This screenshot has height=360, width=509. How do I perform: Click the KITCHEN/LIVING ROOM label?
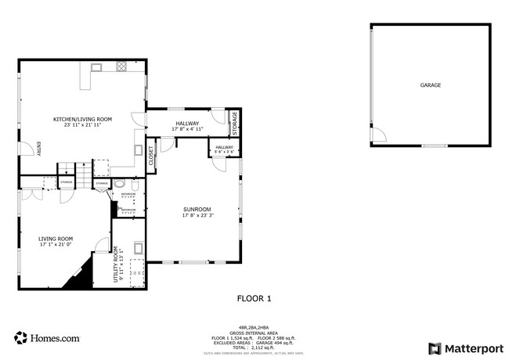point(82,119)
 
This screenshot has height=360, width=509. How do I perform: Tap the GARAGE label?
point(430,85)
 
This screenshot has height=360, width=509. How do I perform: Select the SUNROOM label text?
point(197,209)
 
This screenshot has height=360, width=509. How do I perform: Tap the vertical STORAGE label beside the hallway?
point(234,122)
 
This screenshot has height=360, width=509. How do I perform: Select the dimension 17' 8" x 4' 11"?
point(187,129)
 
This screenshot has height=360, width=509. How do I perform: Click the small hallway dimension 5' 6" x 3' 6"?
point(224,151)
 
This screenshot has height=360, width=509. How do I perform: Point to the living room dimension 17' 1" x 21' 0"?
point(56,245)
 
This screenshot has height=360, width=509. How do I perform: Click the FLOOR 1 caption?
point(254,298)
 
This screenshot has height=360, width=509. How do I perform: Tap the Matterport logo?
point(465,347)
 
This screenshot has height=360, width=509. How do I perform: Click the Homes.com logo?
point(47,338)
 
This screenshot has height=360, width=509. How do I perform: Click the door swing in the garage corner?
point(377,135)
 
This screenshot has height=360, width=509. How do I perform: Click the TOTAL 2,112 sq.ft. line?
point(254,347)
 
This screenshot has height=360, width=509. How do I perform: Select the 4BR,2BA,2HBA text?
point(254,328)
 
